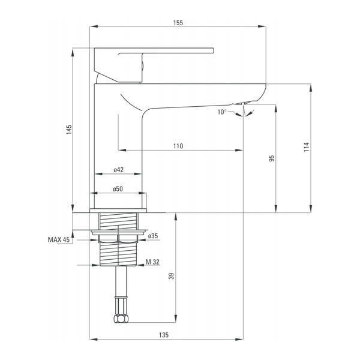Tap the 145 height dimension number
[x=68, y=129]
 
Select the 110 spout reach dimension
[x=178, y=146]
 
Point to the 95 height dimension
[x=271, y=159]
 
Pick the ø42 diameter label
[x=118, y=170]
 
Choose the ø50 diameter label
[x=118, y=189]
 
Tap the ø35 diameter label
[x=153, y=236]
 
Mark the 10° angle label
[x=223, y=112]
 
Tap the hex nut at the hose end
[x=121, y=316]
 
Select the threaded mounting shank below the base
[x=119, y=240]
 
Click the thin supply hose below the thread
[x=121, y=288]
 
